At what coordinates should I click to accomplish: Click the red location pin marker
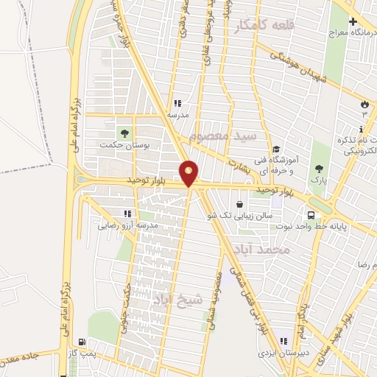[189, 173]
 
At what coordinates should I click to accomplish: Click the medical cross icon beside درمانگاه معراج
[353, 22]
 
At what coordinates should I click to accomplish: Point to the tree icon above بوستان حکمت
[124, 133]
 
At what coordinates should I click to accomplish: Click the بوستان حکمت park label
[125, 146]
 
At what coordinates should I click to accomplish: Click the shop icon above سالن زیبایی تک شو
[239, 205]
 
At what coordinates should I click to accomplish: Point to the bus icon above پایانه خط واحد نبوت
[311, 215]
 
